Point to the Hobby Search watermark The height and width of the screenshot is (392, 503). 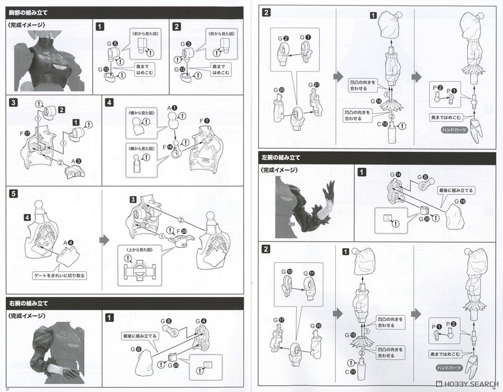click(465, 385)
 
